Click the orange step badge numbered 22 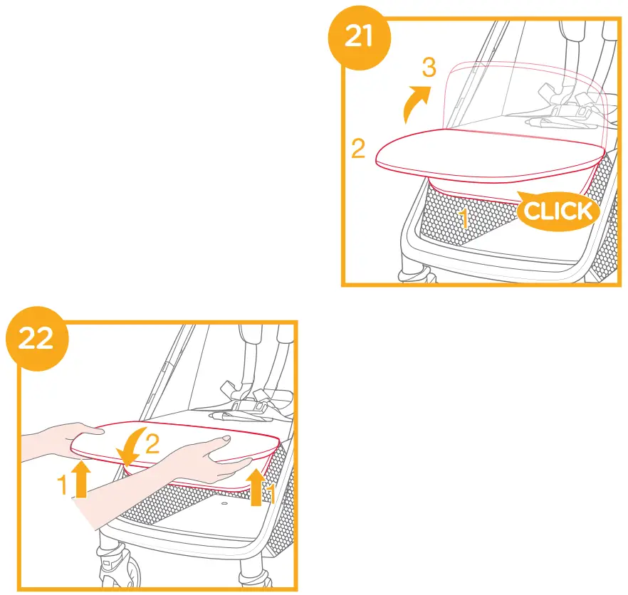point(36,338)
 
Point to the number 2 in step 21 point(359,149)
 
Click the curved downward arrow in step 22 point(131,448)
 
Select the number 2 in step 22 point(152,444)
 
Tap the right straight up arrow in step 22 point(255,485)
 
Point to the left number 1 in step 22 point(63,485)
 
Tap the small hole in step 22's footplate point(223,503)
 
